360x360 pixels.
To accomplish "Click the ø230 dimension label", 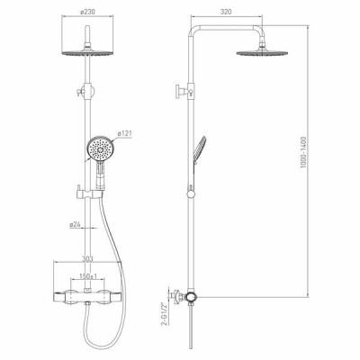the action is [x=87, y=12].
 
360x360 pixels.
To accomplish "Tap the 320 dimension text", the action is [x=226, y=12].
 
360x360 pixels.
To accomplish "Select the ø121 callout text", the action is [x=125, y=134].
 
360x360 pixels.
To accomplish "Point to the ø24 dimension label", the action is [x=75, y=224].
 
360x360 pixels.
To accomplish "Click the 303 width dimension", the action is [x=87, y=258].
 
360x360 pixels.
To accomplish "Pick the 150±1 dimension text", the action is [x=88, y=276].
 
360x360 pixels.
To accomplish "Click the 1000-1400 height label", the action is [x=303, y=152].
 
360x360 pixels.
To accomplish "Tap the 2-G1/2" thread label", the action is [x=164, y=314].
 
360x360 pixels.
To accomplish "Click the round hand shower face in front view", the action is [x=99, y=148].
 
